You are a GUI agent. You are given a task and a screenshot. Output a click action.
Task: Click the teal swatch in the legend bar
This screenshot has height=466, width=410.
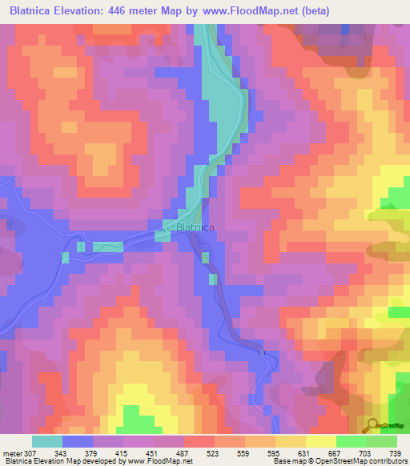coord(47,441)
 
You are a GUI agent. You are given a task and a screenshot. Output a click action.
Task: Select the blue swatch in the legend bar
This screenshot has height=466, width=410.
coord(78,441)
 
